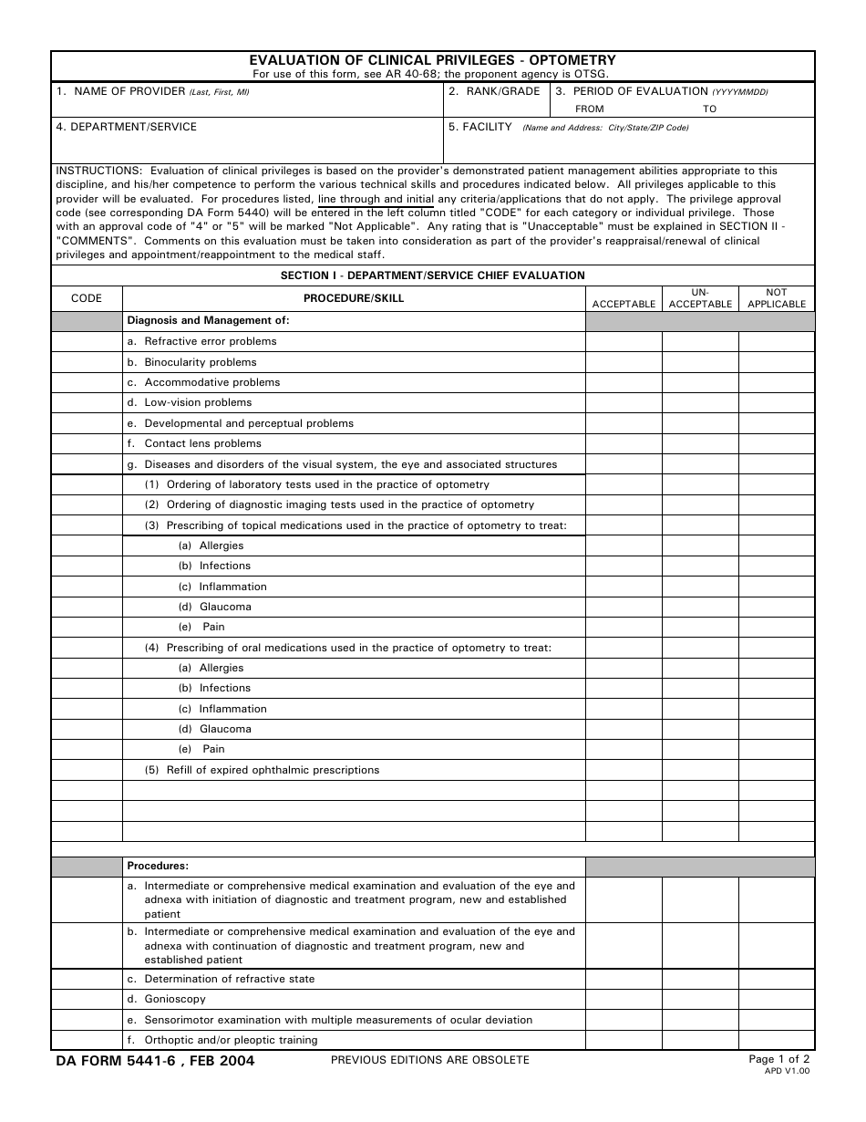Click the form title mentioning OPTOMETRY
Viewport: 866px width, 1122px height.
(432, 60)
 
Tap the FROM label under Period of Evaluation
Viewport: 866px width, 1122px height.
(589, 109)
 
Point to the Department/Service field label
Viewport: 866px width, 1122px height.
(126, 127)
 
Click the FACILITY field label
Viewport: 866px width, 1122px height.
(480, 127)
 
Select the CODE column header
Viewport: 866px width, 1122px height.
(87, 298)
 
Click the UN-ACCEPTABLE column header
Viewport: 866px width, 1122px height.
(700, 298)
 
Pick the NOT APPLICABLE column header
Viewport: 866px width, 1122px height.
(777, 298)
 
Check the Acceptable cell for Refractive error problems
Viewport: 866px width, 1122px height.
(624, 341)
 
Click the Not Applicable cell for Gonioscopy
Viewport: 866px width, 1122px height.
(777, 999)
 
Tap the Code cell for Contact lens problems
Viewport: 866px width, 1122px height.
(87, 443)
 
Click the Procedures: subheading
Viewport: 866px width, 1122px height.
(158, 866)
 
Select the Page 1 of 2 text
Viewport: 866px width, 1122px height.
(778, 1059)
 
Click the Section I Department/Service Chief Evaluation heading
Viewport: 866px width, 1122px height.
(432, 275)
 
